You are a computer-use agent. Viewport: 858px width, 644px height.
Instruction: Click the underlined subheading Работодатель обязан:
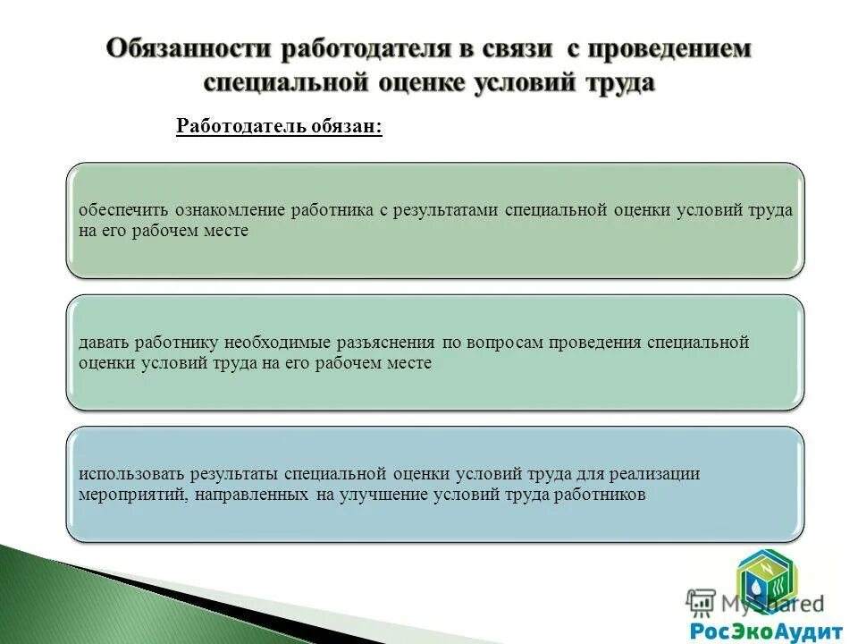(279, 126)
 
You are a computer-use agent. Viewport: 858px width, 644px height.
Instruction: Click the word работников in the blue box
(598, 495)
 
